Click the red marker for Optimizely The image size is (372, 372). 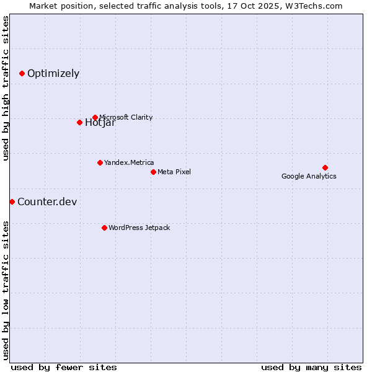(x=22, y=73)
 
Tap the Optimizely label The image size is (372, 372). (x=53, y=73)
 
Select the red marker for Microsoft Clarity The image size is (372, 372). (x=95, y=117)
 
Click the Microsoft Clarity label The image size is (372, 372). (x=126, y=117)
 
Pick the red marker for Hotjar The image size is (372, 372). (x=79, y=122)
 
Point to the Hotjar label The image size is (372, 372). (x=100, y=123)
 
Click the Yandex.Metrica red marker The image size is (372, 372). (x=100, y=162)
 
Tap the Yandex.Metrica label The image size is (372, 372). (x=129, y=162)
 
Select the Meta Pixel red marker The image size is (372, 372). (x=153, y=172)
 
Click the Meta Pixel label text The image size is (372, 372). (x=174, y=172)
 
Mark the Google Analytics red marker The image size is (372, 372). (x=325, y=167)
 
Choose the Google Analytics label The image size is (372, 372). (x=309, y=176)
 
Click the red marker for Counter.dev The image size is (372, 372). (x=12, y=201)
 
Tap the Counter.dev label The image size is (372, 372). (x=47, y=201)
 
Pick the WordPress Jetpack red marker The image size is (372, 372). (x=104, y=228)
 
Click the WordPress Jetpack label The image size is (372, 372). (x=139, y=228)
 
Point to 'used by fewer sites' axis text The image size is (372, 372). (x=64, y=367)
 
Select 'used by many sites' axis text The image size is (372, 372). (x=311, y=367)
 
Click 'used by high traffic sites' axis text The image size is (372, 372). (x=6, y=88)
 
